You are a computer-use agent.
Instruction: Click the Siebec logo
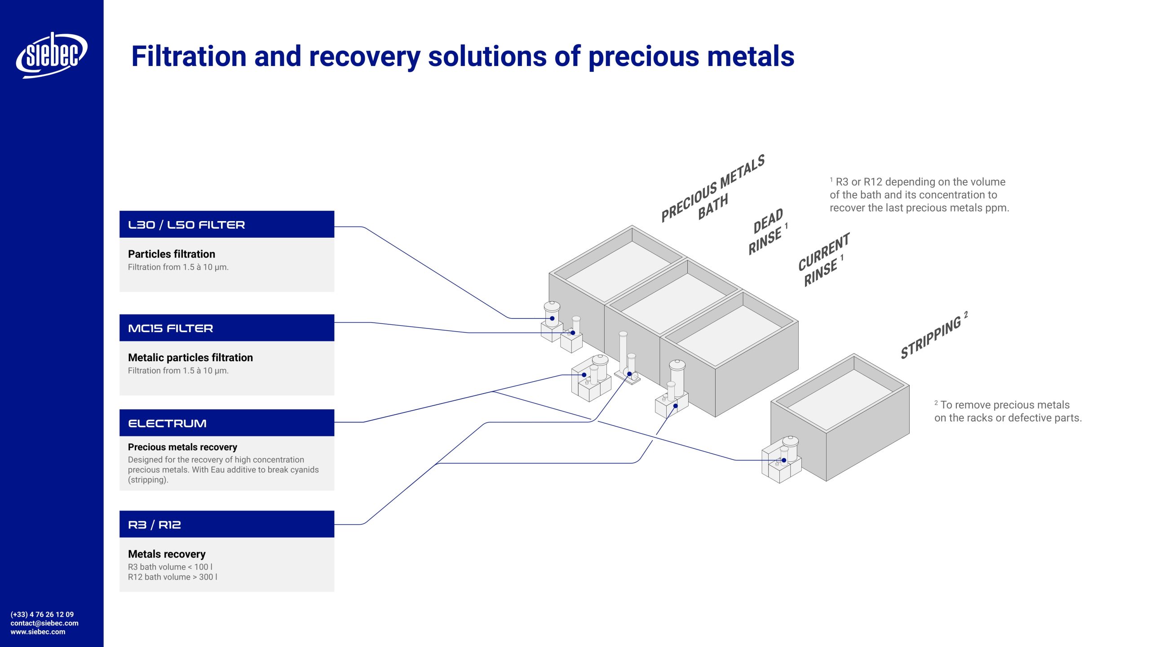pos(52,55)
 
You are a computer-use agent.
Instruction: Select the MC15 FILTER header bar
pos(226,328)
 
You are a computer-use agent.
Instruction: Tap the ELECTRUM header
pos(226,423)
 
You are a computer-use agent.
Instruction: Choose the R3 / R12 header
pos(226,524)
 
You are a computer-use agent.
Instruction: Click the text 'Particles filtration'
pos(171,254)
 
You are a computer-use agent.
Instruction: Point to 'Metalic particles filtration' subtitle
pos(190,358)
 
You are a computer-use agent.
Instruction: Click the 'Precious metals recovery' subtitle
pos(182,447)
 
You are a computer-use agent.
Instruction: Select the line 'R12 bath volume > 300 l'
pos(172,577)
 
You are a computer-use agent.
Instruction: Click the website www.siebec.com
pos(38,632)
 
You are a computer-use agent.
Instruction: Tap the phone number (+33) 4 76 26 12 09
pos(42,614)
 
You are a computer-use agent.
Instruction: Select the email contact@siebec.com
pos(44,623)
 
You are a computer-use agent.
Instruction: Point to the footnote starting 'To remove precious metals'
pos(1008,411)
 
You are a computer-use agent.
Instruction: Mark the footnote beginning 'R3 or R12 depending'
pos(919,195)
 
